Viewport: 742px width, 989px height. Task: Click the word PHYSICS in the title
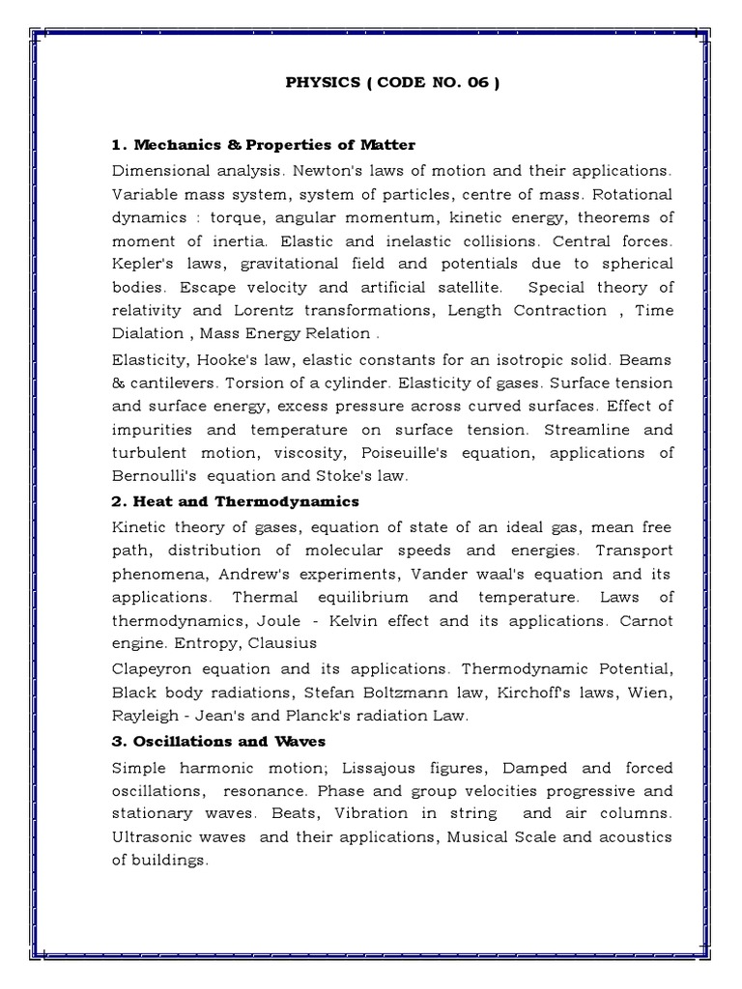pyautogui.click(x=323, y=83)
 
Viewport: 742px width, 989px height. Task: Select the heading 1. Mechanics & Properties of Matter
pyautogui.click(x=264, y=145)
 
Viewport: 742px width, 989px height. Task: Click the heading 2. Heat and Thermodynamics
pyautogui.click(x=235, y=501)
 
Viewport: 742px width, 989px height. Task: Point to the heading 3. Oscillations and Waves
pyautogui.click(x=218, y=741)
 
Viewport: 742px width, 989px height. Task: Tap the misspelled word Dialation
pyautogui.click(x=147, y=333)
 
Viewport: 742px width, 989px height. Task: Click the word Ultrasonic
pyautogui.click(x=156, y=837)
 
